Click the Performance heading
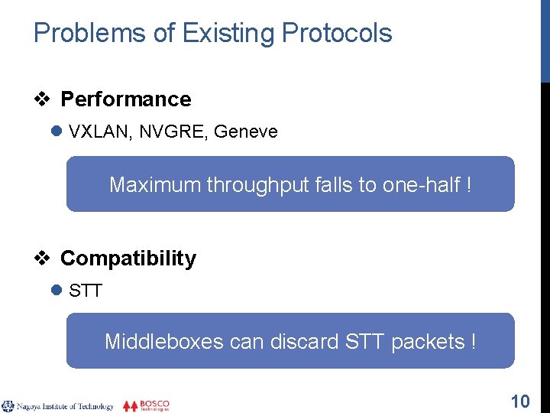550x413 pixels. tap(125, 99)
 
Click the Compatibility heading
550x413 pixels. tap(128, 259)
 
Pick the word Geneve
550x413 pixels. tap(246, 132)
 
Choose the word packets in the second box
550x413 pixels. tap(425, 341)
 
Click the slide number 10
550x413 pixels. tap(519, 401)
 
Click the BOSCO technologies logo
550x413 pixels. tap(146, 405)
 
